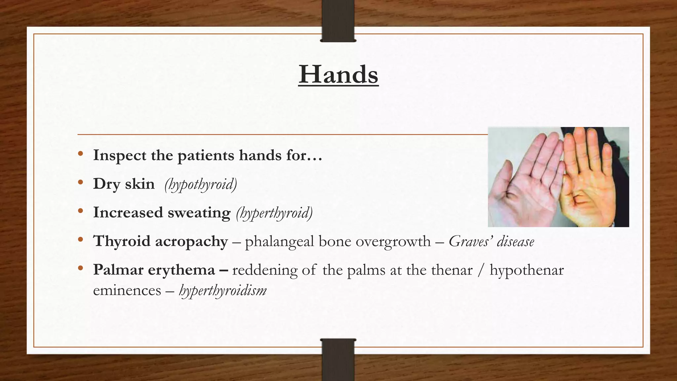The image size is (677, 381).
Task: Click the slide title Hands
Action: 338,75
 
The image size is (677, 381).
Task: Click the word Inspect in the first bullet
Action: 119,155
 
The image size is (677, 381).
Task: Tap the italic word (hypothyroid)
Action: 201,185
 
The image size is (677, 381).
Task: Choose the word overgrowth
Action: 393,242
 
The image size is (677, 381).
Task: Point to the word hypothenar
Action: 527,270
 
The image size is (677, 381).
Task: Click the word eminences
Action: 127,291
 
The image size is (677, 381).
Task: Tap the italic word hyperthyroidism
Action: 222,291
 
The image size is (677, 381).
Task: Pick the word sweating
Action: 199,213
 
